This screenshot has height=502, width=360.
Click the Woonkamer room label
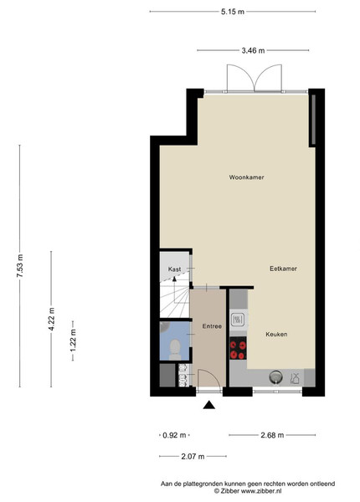tap(246, 177)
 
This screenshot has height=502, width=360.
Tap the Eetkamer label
tap(283, 269)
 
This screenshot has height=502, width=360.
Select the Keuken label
tap(276, 334)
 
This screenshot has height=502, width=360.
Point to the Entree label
tap(212, 326)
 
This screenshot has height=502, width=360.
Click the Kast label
tap(174, 269)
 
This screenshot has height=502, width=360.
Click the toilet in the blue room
tap(175, 350)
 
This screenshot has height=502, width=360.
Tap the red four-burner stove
tap(238, 348)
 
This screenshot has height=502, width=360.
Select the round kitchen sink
tap(275, 376)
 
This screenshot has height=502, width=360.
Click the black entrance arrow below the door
tap(209, 405)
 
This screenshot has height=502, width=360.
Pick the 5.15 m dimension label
tap(233, 12)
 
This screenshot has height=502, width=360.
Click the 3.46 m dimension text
tap(253, 50)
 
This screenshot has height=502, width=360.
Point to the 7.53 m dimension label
tap(20, 266)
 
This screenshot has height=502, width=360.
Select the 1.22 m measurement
tap(73, 341)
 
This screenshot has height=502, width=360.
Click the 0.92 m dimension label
tap(174, 435)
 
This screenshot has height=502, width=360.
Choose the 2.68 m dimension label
tap(272, 435)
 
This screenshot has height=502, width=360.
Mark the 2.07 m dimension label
tap(193, 456)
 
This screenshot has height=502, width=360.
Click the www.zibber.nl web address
tap(261, 490)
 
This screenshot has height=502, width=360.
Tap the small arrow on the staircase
tap(174, 279)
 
